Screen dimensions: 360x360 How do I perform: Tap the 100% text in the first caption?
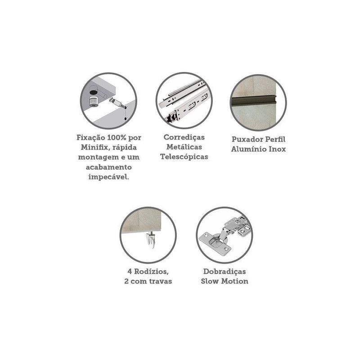pyautogui.click(x=117, y=138)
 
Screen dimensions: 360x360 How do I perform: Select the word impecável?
pyautogui.click(x=108, y=177)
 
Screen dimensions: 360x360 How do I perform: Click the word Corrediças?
pyautogui.click(x=184, y=137)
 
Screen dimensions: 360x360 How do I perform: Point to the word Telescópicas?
pyautogui.click(x=184, y=157)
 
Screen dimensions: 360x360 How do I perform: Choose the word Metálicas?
pyautogui.click(x=184, y=147)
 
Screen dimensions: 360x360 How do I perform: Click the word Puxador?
pyautogui.click(x=247, y=139)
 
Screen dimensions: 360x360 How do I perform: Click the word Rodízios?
pyautogui.click(x=152, y=272)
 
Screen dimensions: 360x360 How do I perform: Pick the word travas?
pyautogui.click(x=161, y=282)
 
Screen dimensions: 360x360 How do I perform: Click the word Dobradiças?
pyautogui.click(x=225, y=272)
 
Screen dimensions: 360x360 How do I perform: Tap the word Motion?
pyautogui.click(x=234, y=282)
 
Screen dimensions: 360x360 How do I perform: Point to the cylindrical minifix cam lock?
pyautogui.click(x=94, y=101)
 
